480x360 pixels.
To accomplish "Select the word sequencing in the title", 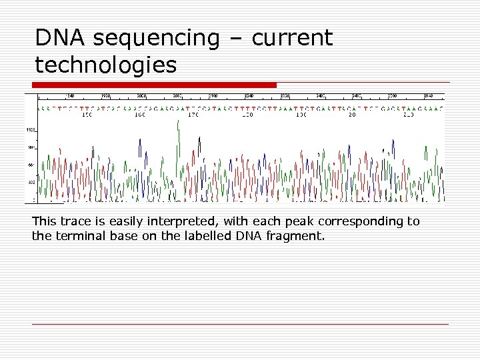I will pos(156,39).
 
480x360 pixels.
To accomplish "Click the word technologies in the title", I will pos(106,65).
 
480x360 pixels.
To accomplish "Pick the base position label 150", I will pos(87,115).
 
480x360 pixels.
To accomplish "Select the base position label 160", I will pos(140,115).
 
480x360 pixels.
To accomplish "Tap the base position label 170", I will pos(193,115).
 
